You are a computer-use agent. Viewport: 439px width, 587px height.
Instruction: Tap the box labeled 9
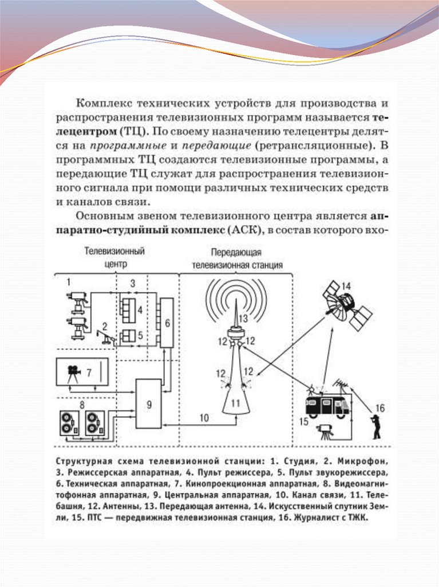[149, 404]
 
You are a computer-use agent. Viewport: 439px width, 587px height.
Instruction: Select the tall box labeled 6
[167, 323]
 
